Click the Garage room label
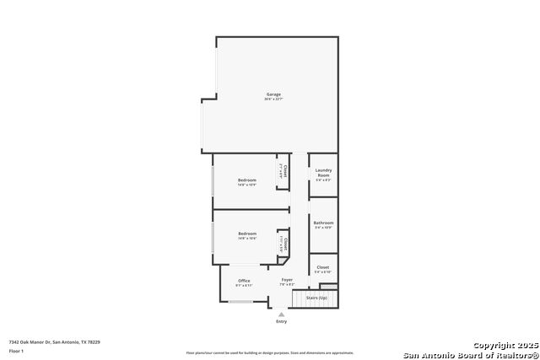tap(273, 94)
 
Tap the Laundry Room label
tap(323, 172)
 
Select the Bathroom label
tap(323, 223)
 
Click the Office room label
tap(244, 281)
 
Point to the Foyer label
tap(287, 279)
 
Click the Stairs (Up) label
tap(317, 298)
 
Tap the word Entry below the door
tap(281, 322)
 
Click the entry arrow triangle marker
tap(281, 314)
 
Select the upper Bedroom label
tap(247, 180)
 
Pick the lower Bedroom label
tap(247, 234)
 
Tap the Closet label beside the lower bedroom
tap(285, 244)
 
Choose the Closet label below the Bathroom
tap(323, 267)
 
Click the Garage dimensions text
tap(273, 99)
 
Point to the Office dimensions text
tap(244, 286)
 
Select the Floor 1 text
tap(16, 351)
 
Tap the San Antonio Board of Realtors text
tap(471, 354)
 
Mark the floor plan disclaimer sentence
tap(270, 352)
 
